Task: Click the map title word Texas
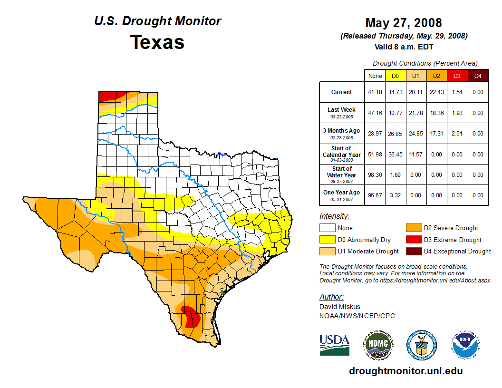pyautogui.click(x=157, y=42)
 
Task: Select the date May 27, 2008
pyautogui.click(x=403, y=23)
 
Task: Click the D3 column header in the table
pyautogui.click(x=457, y=76)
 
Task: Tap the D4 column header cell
pyautogui.click(x=478, y=76)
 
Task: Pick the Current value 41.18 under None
pyautogui.click(x=375, y=92)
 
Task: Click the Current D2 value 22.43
pyautogui.click(x=436, y=92)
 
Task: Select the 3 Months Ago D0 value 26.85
pyautogui.click(x=396, y=134)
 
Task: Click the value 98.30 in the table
pyautogui.click(x=375, y=175)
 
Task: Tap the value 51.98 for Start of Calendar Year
pyautogui.click(x=375, y=154)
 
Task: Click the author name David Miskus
pyautogui.click(x=340, y=307)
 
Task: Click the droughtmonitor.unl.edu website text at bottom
pyautogui.click(x=405, y=371)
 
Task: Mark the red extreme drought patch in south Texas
pyautogui.click(x=190, y=316)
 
